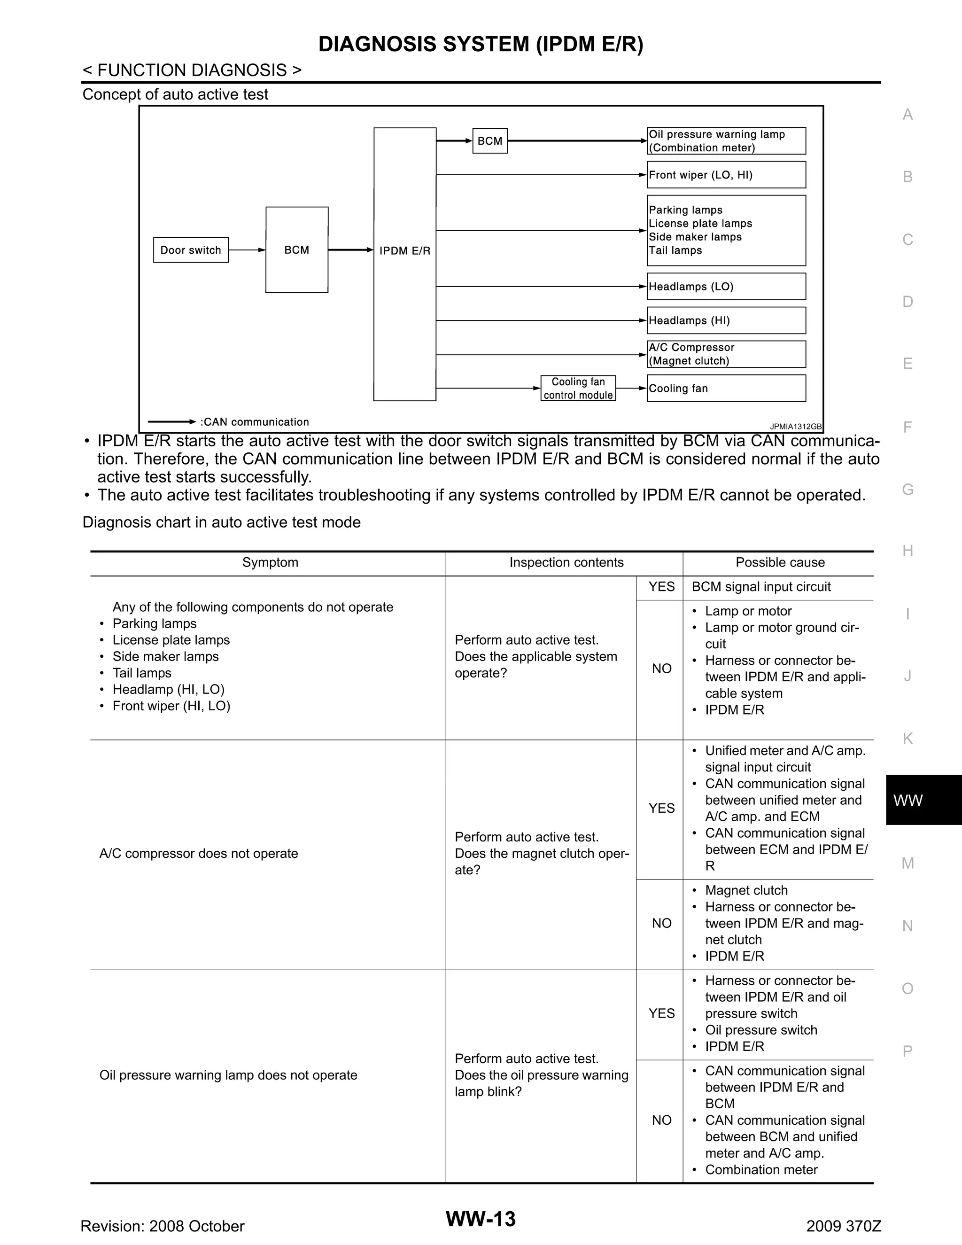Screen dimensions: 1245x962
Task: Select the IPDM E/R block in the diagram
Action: (x=404, y=264)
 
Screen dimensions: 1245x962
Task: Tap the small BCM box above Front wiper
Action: (x=489, y=141)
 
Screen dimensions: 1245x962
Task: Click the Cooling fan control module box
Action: (x=578, y=388)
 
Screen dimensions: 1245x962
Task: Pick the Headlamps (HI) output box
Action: (x=726, y=320)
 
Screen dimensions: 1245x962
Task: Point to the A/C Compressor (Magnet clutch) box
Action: (x=726, y=354)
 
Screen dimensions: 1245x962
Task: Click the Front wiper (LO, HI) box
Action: (x=726, y=175)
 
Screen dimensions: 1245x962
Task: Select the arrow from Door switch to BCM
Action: (x=247, y=249)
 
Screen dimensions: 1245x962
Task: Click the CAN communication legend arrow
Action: (x=171, y=422)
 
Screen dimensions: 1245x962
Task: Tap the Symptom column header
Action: (x=270, y=563)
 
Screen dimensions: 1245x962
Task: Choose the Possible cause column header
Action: (x=780, y=563)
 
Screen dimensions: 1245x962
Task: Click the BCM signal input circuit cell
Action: (x=761, y=587)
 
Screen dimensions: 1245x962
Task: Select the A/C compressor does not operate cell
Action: (x=198, y=853)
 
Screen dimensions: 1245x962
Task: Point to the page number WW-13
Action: (x=481, y=1219)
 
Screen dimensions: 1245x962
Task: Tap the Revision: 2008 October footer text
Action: (x=163, y=1226)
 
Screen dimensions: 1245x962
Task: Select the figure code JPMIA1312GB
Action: (x=795, y=427)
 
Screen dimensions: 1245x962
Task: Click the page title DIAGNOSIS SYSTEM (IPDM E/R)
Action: (x=481, y=45)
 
